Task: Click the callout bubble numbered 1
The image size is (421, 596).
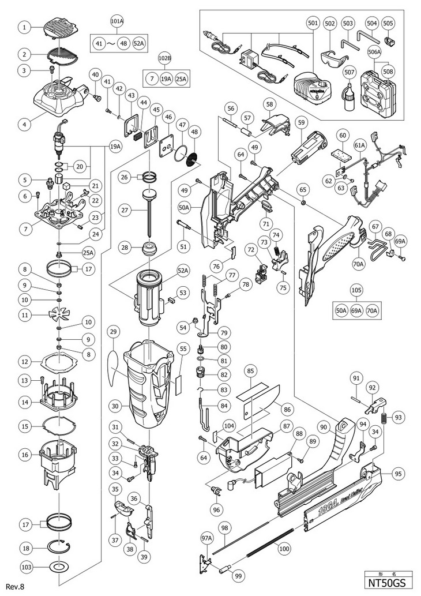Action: click(x=24, y=26)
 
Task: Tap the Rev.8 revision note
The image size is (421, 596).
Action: click(x=14, y=587)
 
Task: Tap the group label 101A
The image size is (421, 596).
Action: click(x=117, y=21)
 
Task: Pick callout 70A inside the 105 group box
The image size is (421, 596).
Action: click(x=372, y=311)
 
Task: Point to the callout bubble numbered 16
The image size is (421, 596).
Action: click(x=24, y=455)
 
